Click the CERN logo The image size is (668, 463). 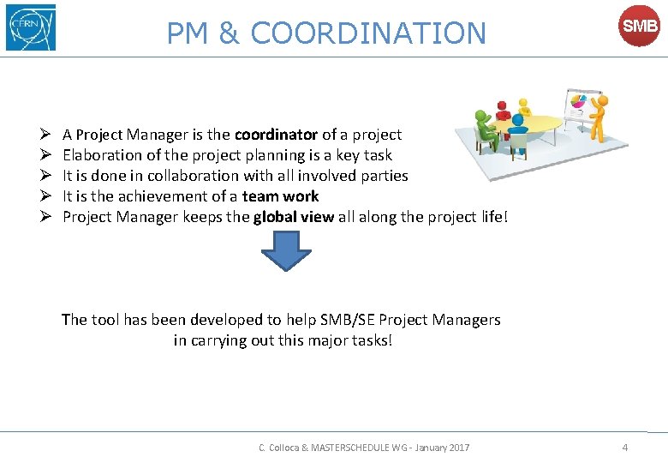tap(31, 27)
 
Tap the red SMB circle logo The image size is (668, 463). tap(640, 27)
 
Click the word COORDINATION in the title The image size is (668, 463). tap(368, 33)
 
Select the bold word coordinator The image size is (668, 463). tap(276, 135)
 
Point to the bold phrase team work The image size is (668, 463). tap(280, 196)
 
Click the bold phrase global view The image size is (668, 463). tap(294, 217)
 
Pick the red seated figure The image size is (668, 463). tap(503, 109)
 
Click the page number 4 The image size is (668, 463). tap(625, 448)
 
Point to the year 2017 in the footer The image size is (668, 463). tap(458, 448)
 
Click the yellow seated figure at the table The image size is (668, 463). tap(524, 106)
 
